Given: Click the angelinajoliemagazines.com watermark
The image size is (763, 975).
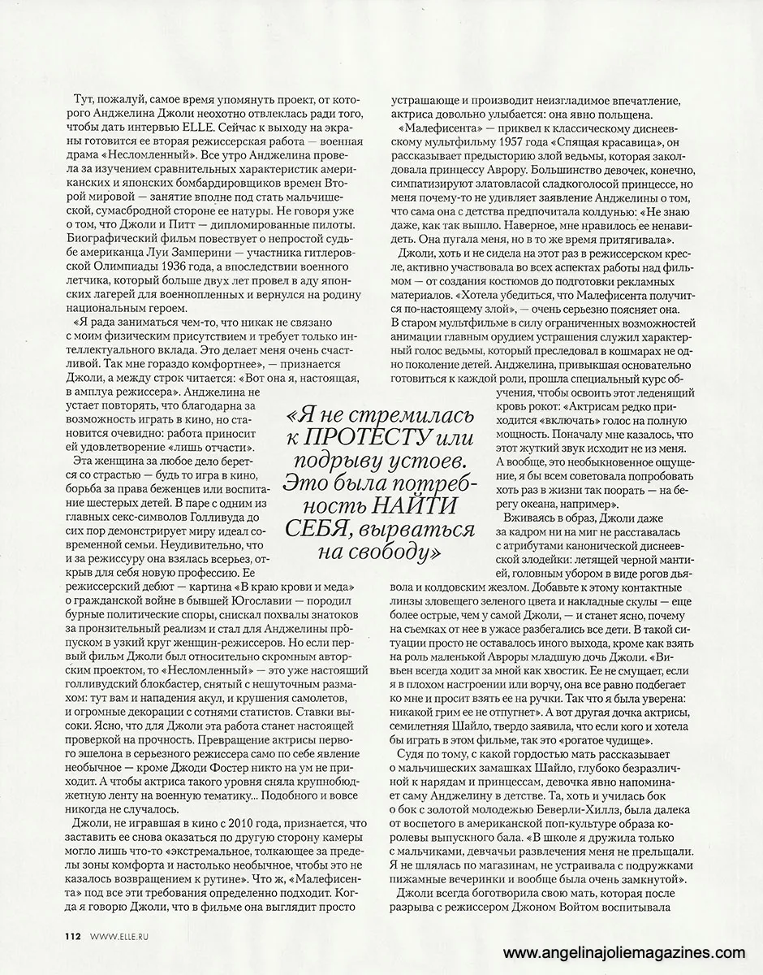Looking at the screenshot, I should tap(623, 952).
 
